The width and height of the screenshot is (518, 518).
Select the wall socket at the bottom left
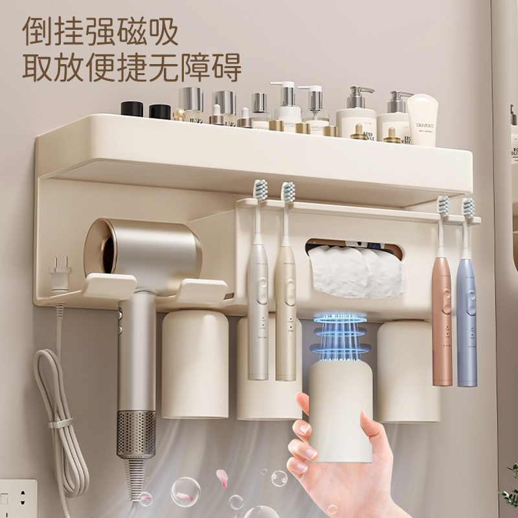(16, 498)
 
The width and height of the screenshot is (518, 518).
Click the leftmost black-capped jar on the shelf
(131, 109)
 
